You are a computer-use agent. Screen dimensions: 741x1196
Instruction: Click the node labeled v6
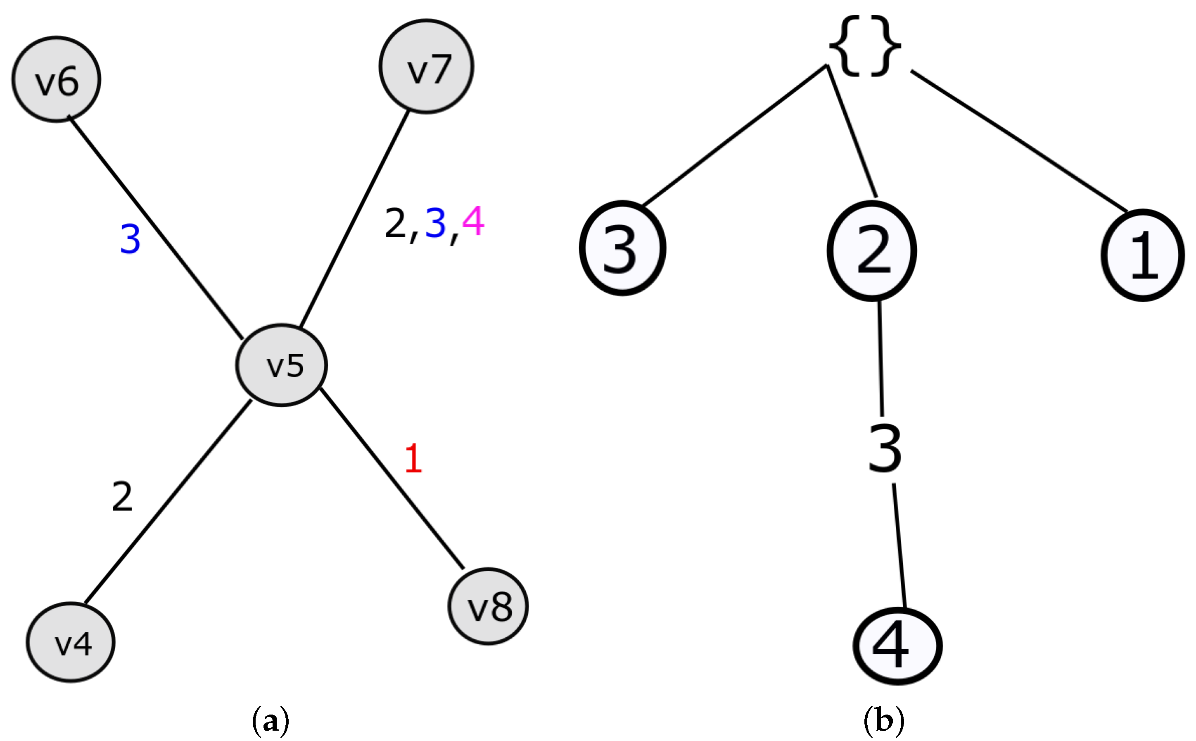[x=56, y=79]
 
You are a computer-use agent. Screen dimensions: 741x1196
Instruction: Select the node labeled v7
[x=426, y=67]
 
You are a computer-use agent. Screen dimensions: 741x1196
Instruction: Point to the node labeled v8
[x=488, y=607]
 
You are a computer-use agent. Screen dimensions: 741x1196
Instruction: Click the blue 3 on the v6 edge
[x=130, y=239]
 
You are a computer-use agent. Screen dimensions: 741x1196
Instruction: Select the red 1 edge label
[x=413, y=459]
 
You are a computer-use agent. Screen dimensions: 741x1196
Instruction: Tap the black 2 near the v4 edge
[x=122, y=497]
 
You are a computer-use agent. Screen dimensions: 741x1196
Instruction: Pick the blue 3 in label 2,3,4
[x=435, y=223]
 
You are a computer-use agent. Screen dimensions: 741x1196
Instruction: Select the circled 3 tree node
[x=622, y=248]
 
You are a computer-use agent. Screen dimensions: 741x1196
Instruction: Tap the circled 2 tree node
[x=872, y=250]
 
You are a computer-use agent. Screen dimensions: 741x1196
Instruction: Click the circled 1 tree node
[x=1143, y=255]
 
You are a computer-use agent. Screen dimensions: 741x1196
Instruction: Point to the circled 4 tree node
[x=897, y=646]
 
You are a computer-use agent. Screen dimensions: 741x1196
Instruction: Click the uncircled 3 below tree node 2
[x=885, y=449]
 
